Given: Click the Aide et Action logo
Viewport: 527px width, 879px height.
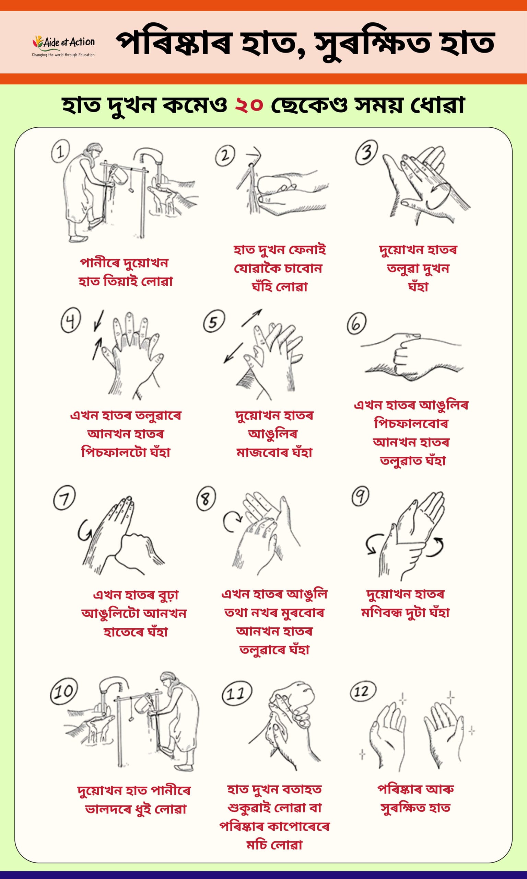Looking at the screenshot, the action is (x=63, y=46).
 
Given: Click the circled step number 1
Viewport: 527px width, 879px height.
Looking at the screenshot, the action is (x=61, y=151).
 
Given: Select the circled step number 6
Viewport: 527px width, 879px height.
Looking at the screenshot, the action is (x=357, y=323).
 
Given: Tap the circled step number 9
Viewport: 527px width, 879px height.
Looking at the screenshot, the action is (x=360, y=496).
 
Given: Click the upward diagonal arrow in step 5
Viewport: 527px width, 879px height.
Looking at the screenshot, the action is (x=251, y=318).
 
